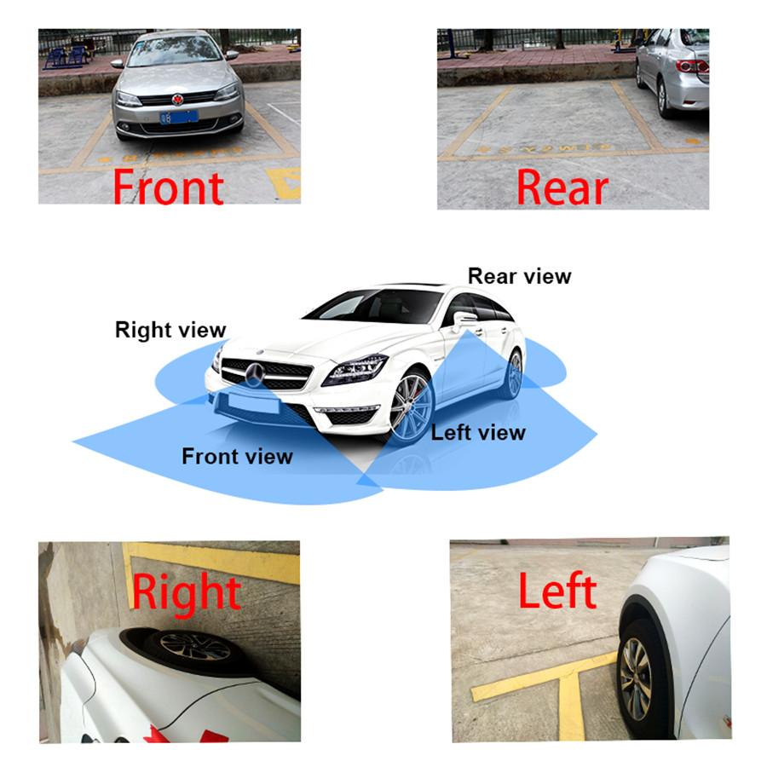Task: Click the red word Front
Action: pyautogui.click(x=168, y=187)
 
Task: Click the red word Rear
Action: pyautogui.click(x=562, y=187)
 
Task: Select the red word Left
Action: pyautogui.click(x=557, y=591)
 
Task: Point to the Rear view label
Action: pyautogui.click(x=520, y=276)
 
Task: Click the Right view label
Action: pyautogui.click(x=170, y=330)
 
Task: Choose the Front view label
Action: pyautogui.click(x=237, y=457)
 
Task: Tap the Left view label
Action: pyautogui.click(x=478, y=433)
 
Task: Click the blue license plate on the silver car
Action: pyautogui.click(x=179, y=118)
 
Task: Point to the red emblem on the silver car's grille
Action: pyautogui.click(x=177, y=100)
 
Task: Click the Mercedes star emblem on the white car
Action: pyautogui.click(x=254, y=375)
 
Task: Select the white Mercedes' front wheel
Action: pyautogui.click(x=412, y=407)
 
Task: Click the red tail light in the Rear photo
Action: pyautogui.click(x=692, y=66)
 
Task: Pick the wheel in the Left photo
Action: pyautogui.click(x=637, y=679)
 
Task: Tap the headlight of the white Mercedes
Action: pyautogui.click(x=355, y=369)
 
